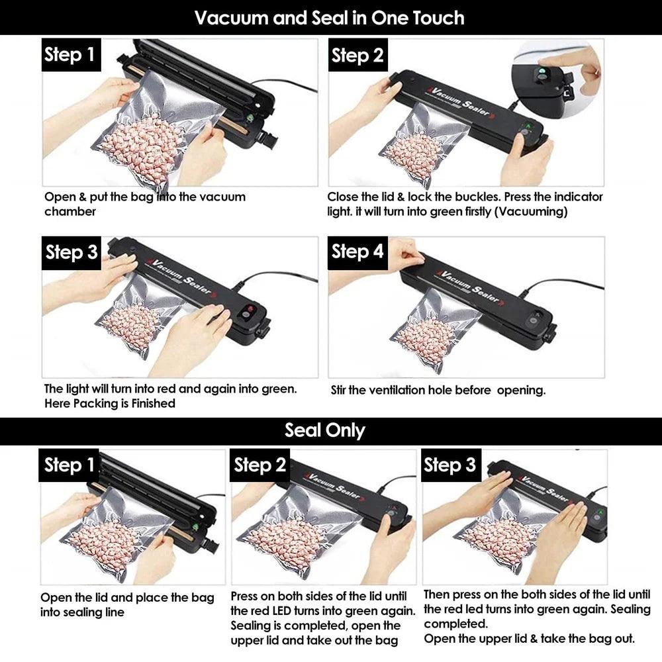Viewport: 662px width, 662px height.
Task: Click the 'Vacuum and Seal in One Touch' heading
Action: (329, 17)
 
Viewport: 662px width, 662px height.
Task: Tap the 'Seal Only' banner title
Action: (324, 430)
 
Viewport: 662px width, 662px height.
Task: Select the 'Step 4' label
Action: (357, 252)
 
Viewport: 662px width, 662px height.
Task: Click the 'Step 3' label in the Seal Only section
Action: (449, 465)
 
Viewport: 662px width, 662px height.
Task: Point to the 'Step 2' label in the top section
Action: (357, 56)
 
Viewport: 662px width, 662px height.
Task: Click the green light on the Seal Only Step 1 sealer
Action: (195, 528)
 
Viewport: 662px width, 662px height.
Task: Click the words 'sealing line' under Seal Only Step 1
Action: (82, 612)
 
